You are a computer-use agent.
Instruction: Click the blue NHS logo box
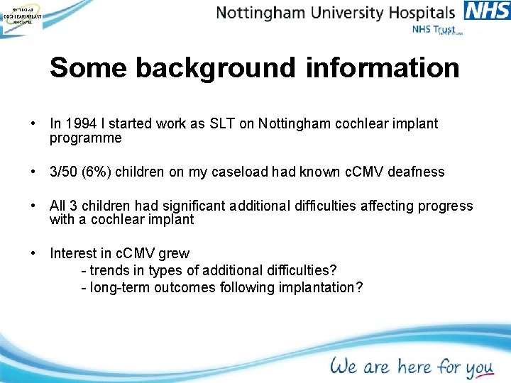point(486,11)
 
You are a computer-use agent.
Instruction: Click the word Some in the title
point(88,68)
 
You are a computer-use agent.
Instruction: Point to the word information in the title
point(383,68)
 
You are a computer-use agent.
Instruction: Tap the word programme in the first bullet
point(85,138)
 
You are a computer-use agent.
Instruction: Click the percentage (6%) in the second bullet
point(96,172)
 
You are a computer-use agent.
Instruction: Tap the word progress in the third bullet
point(445,206)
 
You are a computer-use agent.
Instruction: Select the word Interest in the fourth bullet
point(72,253)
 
